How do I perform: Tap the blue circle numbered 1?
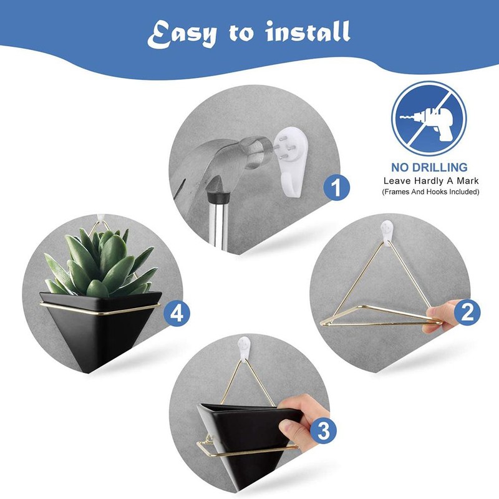click(337, 188)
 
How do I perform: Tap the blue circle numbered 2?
click(467, 311)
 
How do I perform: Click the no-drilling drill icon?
click(429, 119)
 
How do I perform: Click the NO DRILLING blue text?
click(429, 167)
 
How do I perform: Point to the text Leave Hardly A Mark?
click(430, 180)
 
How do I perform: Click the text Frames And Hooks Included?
click(430, 192)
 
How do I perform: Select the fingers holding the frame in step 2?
click(442, 310)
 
